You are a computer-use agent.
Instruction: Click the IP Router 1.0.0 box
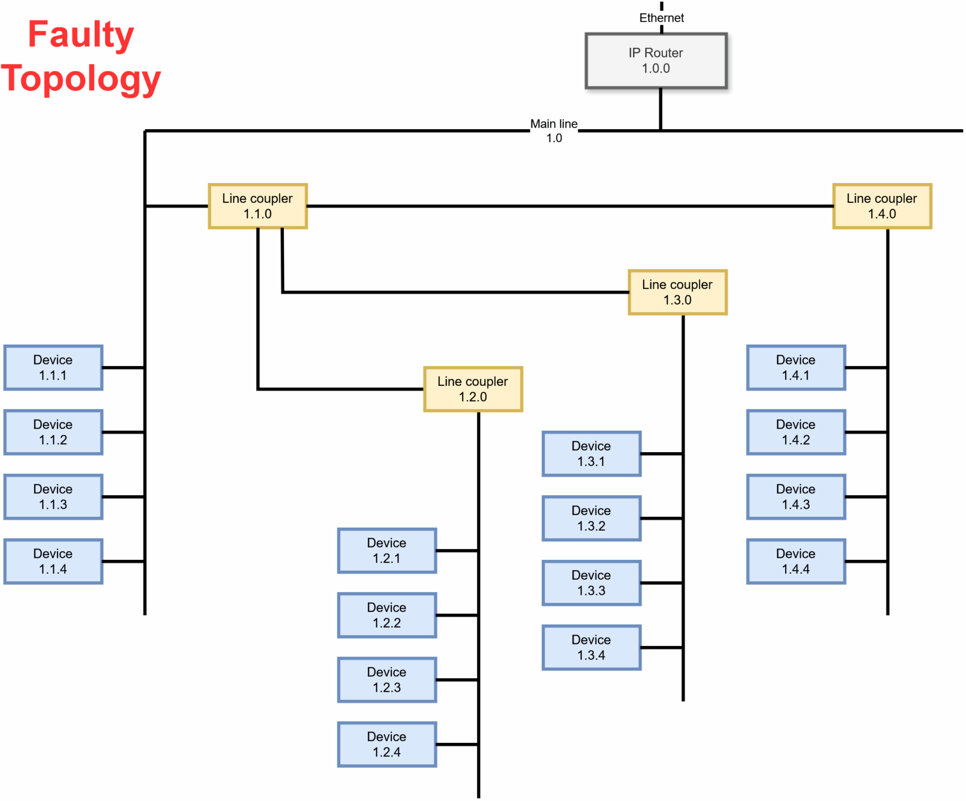pos(655,61)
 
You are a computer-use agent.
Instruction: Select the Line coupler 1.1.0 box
pos(257,206)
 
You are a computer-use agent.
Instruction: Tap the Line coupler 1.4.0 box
pos(881,206)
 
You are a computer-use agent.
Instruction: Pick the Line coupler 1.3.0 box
pos(677,292)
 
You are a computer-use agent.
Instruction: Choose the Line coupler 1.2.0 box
pos(473,389)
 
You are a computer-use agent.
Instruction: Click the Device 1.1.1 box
pos(53,368)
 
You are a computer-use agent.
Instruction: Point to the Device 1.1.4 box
pos(53,561)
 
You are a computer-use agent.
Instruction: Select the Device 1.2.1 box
pos(387,551)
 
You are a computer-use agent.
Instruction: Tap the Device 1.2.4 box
pos(387,744)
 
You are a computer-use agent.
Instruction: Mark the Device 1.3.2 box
pos(591,518)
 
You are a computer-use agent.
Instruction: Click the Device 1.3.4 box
pos(591,648)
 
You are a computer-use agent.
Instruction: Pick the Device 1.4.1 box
pos(795,368)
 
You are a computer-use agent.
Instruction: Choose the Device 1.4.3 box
pos(795,497)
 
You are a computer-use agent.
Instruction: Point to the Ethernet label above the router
pos(661,18)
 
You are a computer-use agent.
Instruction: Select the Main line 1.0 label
pos(554,131)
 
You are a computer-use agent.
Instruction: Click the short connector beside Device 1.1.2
pos(123,432)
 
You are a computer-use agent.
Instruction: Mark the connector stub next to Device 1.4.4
pos(866,561)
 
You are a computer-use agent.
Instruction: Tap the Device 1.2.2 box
pos(387,615)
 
